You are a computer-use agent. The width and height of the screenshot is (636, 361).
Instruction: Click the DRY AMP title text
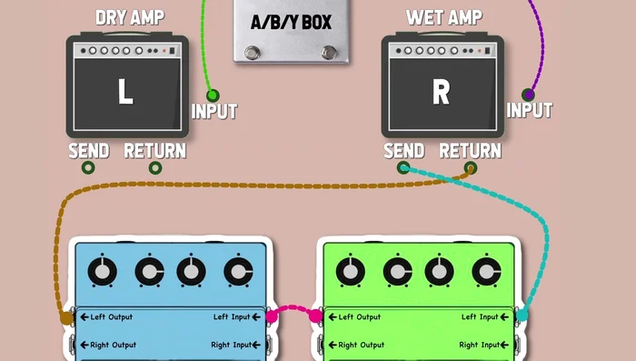click(130, 17)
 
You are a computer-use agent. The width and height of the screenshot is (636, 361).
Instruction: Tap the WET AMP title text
click(444, 17)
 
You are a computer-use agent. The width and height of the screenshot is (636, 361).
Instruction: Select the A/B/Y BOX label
click(291, 22)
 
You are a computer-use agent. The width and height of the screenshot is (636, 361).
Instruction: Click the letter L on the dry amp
click(125, 92)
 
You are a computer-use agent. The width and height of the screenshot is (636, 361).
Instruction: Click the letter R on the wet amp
click(441, 92)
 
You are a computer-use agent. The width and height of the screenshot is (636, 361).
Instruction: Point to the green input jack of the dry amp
click(213, 95)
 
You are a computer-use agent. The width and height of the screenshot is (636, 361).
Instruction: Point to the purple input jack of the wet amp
click(528, 95)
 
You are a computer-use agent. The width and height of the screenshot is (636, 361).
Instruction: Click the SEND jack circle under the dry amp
click(88, 168)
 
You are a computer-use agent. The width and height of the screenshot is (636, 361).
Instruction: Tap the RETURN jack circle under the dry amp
click(155, 168)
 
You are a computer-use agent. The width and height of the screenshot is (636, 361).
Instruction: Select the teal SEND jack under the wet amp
click(403, 168)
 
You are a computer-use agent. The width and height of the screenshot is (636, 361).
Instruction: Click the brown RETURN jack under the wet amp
click(471, 168)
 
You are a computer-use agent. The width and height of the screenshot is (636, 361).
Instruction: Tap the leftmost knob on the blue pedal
click(104, 271)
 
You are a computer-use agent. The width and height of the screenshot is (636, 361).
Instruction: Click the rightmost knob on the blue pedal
click(237, 271)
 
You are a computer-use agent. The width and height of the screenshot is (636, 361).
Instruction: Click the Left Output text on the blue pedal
click(111, 317)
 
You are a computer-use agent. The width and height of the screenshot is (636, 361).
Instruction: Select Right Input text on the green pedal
click(481, 345)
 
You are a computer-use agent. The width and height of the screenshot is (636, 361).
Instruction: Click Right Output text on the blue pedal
click(114, 345)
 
